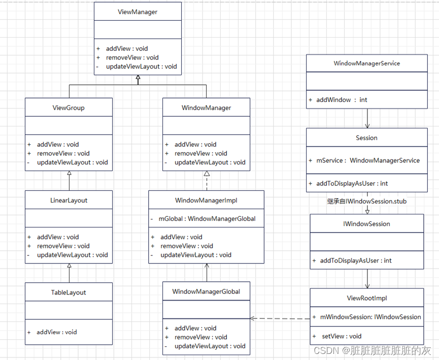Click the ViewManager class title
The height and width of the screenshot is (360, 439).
138,12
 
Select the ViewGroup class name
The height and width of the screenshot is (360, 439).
69,108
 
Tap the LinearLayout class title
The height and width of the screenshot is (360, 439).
69,201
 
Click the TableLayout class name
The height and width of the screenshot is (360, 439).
69,292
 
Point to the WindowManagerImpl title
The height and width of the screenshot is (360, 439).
206,201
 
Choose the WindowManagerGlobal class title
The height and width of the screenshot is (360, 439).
206,291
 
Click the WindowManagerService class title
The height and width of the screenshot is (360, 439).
366,63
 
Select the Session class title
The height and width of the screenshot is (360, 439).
366,138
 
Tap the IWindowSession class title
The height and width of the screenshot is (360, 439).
366,223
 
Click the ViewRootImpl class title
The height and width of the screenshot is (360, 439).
366,298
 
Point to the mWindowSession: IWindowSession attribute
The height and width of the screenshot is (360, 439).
370,317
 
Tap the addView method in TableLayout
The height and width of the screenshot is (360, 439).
56,332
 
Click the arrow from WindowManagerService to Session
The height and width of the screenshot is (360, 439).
367,118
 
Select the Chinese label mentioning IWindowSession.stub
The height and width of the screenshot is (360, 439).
366,202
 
